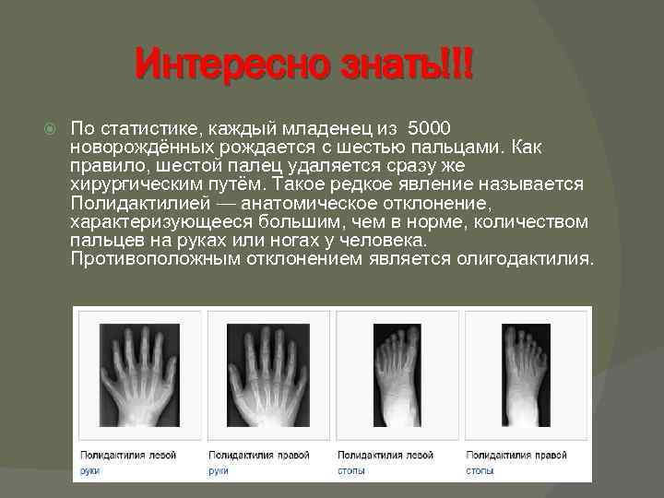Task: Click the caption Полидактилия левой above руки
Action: (x=127, y=456)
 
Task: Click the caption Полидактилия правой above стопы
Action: (x=516, y=456)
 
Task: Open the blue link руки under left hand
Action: (x=89, y=470)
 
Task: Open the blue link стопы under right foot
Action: (x=480, y=470)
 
